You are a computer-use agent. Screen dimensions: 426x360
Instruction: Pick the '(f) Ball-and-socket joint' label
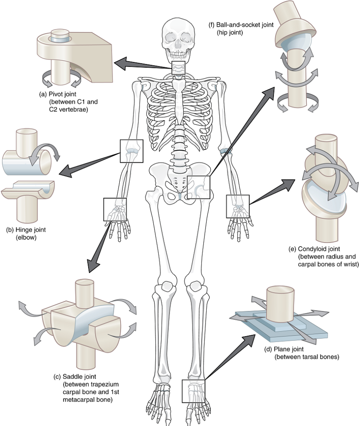coord(241,25)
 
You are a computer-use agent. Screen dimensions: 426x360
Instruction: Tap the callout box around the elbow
coord(131,151)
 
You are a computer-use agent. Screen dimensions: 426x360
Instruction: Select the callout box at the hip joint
coord(199,187)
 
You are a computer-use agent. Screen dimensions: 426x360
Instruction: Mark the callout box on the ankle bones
coord(193,391)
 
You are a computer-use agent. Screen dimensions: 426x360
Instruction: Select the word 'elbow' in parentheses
coord(26,238)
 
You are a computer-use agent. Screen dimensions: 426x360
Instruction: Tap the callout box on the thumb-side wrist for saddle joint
coord(115,209)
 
